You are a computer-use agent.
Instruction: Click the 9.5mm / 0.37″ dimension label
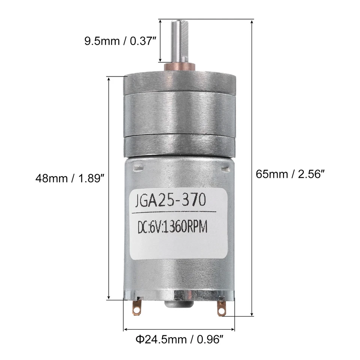coord(120,41)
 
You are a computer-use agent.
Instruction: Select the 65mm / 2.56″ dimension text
coord(290,174)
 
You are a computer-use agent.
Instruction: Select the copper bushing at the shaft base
coord(180,67)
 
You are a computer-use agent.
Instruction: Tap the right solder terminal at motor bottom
coord(221,309)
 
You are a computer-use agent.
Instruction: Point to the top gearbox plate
coord(179,82)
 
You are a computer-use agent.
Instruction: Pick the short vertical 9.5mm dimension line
coord(160,41)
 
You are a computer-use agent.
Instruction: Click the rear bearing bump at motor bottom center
coord(179,304)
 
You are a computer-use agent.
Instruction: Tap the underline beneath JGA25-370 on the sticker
coord(173,212)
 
